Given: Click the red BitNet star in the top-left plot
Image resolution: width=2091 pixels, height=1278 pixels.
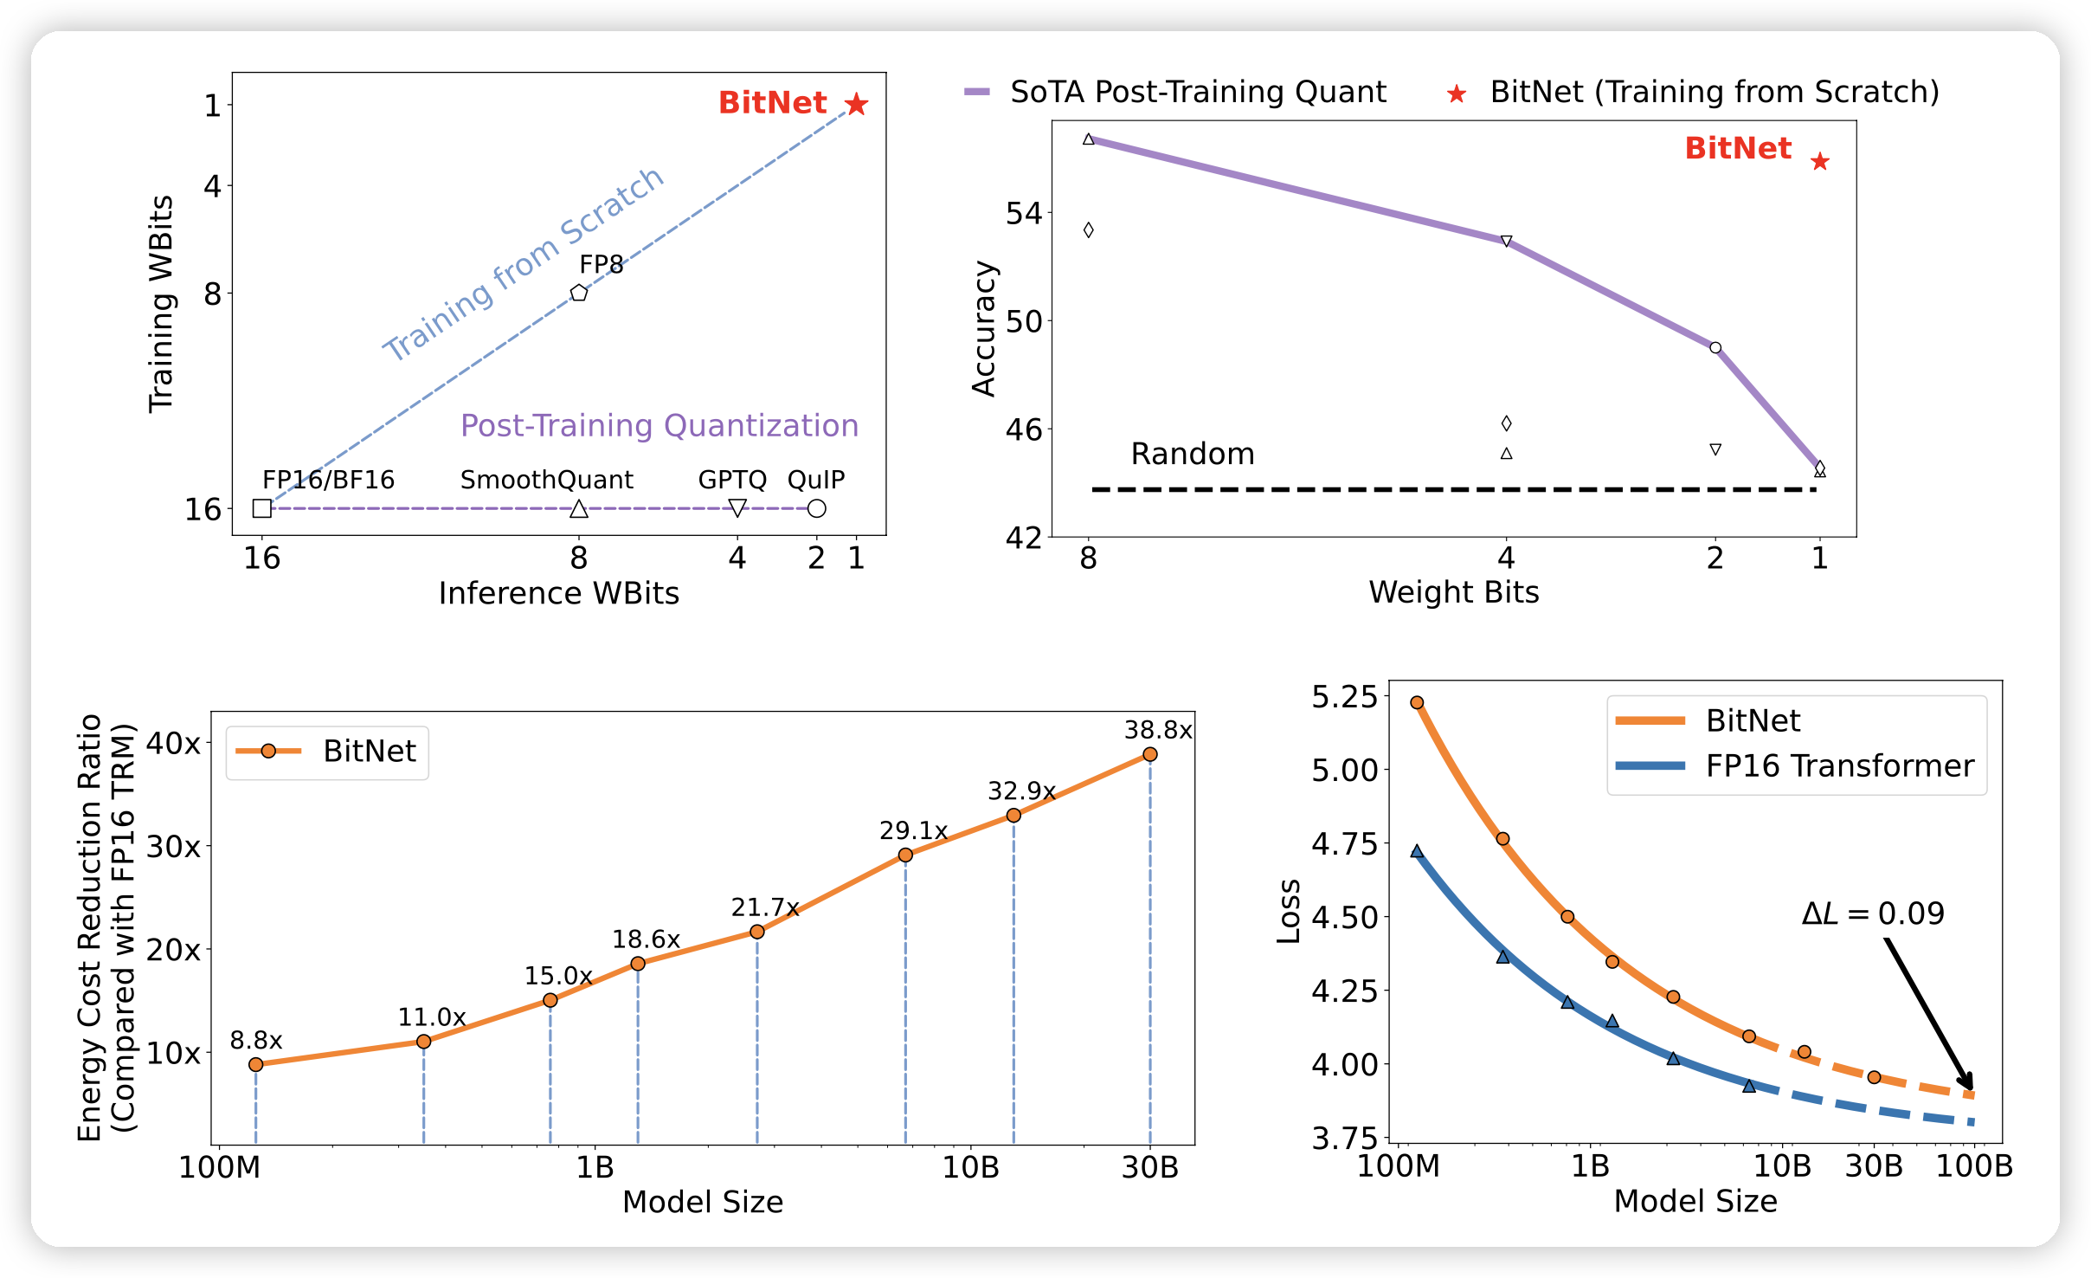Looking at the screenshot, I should click(x=856, y=105).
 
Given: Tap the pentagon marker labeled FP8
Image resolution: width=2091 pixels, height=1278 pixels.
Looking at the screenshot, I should click(x=579, y=293).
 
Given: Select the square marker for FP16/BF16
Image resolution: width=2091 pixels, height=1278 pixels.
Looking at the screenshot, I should click(x=262, y=508).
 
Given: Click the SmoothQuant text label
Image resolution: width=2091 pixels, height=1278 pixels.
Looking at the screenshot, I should click(x=546, y=480).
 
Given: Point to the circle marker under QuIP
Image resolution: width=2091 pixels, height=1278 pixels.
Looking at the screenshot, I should click(x=816, y=508).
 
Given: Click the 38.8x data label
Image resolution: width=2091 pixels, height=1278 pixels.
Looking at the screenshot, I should click(x=1157, y=731).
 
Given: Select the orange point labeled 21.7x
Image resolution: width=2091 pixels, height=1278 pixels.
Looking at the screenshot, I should click(x=757, y=932).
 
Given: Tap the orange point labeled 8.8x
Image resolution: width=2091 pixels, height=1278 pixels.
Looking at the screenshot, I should click(x=256, y=1064).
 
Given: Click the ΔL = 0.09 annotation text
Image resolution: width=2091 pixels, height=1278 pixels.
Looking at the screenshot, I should click(x=1873, y=914).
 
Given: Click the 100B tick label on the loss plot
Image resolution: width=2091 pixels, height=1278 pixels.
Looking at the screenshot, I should click(x=1974, y=1166).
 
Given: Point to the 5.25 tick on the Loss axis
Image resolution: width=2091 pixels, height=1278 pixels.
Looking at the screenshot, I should click(x=1344, y=697).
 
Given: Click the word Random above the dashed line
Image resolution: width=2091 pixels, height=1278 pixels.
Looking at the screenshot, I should click(x=1193, y=454).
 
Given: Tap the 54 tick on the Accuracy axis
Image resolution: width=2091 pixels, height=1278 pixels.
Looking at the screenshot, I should click(x=1024, y=213).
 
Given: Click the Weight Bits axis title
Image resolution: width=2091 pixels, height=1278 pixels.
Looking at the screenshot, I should click(x=1454, y=592).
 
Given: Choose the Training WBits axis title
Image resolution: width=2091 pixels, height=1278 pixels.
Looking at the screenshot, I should click(x=161, y=304).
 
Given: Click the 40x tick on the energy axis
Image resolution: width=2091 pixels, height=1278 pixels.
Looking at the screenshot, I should click(x=173, y=743).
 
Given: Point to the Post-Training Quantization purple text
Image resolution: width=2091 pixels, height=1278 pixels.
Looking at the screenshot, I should click(x=659, y=426).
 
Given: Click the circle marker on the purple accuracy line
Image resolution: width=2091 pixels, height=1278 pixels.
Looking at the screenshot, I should click(x=1715, y=348).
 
